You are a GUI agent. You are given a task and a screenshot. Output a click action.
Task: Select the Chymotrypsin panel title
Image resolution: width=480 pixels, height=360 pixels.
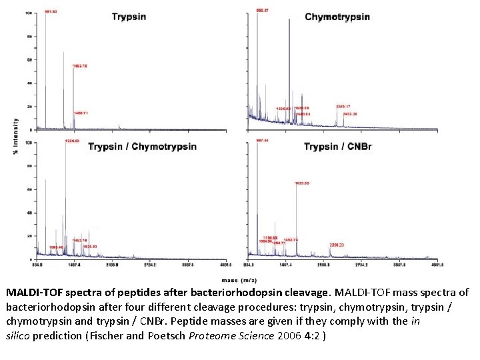(x=337, y=17)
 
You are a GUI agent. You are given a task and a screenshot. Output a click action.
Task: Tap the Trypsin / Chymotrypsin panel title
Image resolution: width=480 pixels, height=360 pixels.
(x=142, y=147)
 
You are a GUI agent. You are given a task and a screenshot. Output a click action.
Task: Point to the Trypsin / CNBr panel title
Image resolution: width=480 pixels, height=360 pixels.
(x=337, y=147)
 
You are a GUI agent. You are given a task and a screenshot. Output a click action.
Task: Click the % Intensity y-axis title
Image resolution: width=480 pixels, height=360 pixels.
(x=16, y=137)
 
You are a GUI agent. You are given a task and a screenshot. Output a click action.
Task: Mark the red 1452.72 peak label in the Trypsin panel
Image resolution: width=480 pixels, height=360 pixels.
(x=81, y=66)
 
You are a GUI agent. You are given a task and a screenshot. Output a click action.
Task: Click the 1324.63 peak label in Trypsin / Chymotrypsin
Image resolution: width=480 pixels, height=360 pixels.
(x=72, y=141)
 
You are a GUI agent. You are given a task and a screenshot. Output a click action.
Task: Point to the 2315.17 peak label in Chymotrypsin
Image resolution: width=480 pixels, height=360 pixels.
(x=343, y=107)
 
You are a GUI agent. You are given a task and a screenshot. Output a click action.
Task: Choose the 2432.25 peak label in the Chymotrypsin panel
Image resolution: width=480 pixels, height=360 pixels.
(x=351, y=115)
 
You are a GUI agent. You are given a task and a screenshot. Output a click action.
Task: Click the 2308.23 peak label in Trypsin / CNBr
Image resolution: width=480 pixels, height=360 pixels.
(x=337, y=245)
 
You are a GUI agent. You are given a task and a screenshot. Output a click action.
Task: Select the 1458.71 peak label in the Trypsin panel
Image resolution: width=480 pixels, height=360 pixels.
(x=81, y=113)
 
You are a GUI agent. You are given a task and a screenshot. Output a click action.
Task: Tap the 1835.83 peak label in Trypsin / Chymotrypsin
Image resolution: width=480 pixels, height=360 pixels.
(x=89, y=247)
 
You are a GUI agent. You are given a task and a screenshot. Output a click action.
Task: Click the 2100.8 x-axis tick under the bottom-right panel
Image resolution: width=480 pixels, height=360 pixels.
(x=323, y=265)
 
